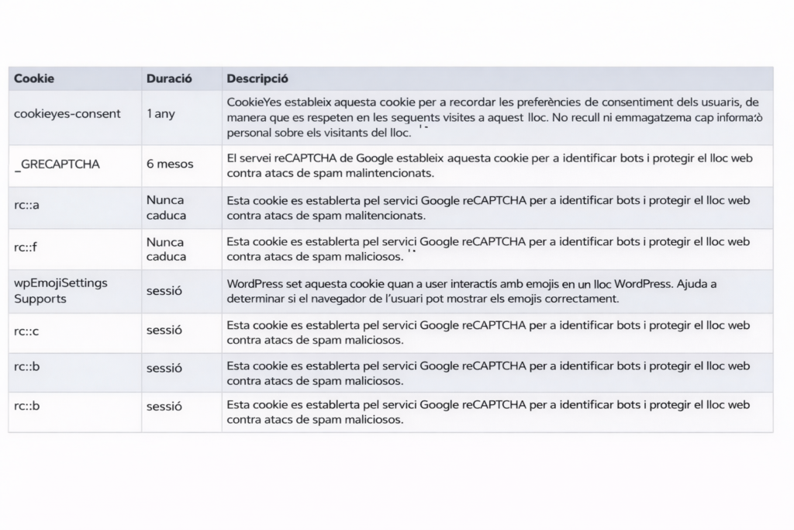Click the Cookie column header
34,78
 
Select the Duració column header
169,78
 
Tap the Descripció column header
257,78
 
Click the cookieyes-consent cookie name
67,113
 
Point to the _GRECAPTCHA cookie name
57,165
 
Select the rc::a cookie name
26,206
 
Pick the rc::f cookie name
26,248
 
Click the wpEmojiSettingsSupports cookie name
60,291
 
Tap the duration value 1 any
161,113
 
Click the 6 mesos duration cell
170,165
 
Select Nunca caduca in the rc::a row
166,206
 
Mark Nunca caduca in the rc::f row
166,248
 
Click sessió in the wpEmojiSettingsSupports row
164,291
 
